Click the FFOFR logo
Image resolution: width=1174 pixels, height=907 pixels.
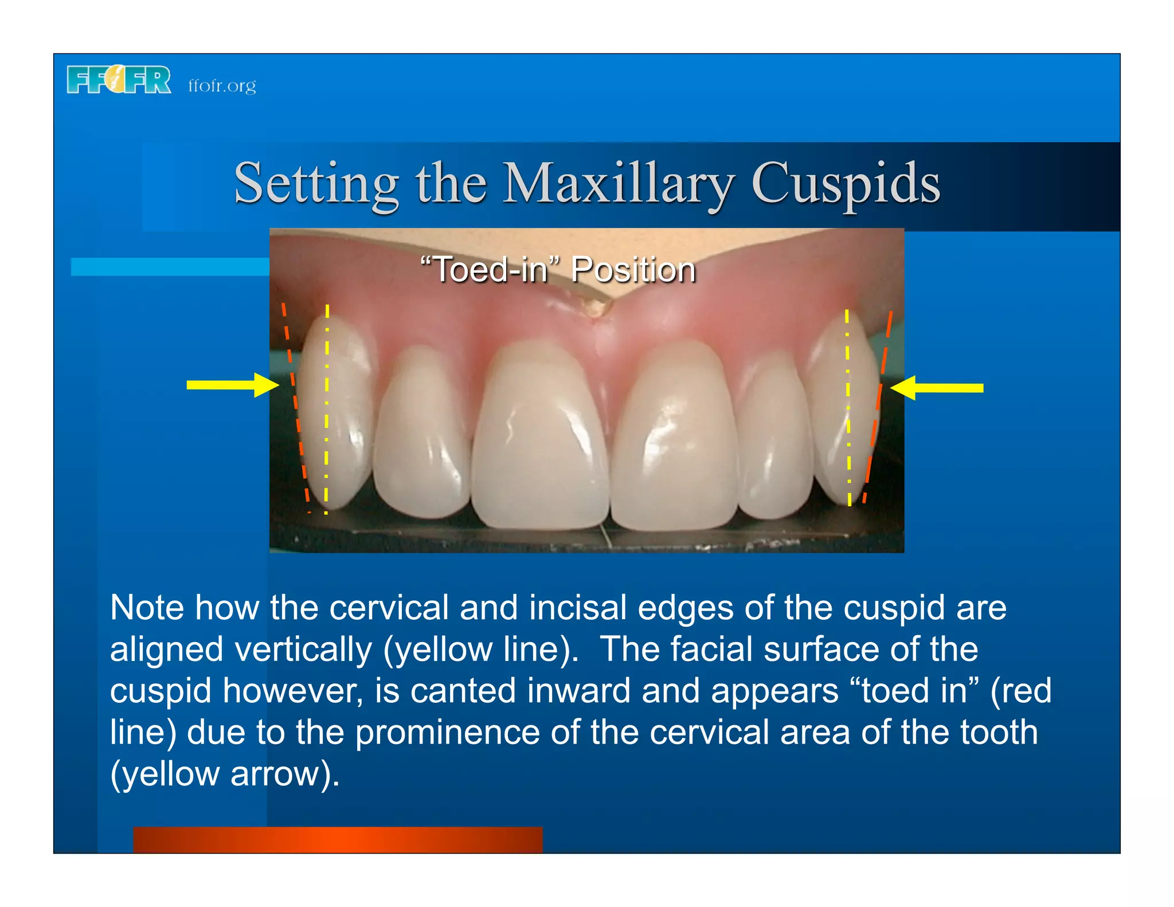119,80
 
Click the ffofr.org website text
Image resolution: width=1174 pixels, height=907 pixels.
222,86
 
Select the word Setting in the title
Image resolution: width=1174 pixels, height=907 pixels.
316,183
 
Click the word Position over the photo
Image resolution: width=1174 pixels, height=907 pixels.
633,269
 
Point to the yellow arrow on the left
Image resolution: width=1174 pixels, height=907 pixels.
232,385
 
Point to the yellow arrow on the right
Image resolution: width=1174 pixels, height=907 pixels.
937,388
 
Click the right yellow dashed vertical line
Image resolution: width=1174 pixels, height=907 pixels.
848,407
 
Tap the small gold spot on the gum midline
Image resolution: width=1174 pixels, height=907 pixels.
596,308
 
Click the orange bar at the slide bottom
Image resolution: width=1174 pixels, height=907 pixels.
338,839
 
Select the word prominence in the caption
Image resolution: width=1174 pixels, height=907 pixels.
447,732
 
